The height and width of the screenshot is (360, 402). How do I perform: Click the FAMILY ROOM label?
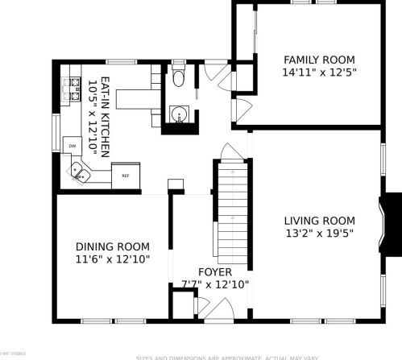tap(320, 59)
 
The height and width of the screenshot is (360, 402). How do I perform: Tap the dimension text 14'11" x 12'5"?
tap(320, 72)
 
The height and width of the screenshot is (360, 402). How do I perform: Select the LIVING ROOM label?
tap(319, 221)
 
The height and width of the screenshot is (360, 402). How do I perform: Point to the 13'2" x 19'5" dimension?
tap(319, 234)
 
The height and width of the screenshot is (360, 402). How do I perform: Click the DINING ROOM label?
tap(113, 246)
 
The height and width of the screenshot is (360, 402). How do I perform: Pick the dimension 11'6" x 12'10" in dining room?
tap(113, 259)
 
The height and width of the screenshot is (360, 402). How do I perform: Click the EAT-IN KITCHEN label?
tap(103, 114)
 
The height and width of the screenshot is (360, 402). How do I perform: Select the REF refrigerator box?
tap(126, 174)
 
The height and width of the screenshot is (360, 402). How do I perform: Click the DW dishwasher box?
tap(72, 145)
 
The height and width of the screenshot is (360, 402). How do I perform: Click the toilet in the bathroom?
tap(179, 79)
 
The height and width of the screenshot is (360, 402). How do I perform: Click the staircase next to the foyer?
tap(230, 205)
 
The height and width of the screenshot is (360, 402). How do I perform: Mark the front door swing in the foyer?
tap(204, 306)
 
